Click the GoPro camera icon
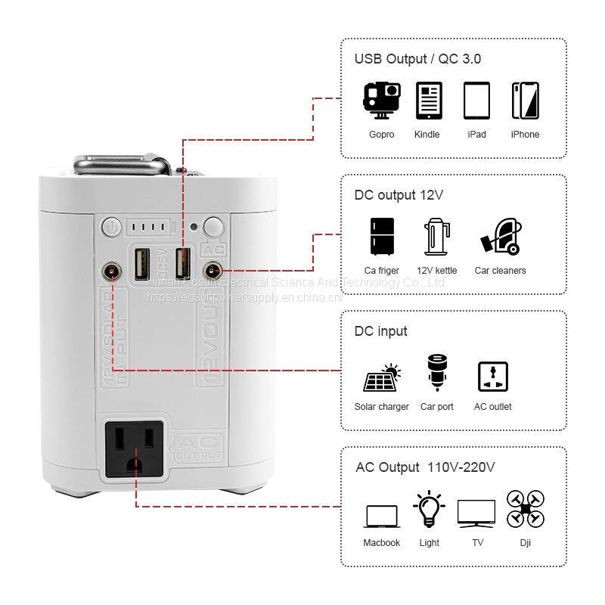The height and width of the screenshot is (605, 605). (x=382, y=101)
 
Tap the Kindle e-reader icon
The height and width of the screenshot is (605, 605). (x=429, y=101)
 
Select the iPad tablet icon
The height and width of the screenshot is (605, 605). (x=476, y=101)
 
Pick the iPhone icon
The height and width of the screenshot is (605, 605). (x=525, y=101)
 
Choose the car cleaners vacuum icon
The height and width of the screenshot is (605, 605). (x=499, y=237)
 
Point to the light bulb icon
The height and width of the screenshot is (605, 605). (x=429, y=510)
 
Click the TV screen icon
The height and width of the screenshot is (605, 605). (x=476, y=513)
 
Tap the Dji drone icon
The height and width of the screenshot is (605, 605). (x=526, y=508)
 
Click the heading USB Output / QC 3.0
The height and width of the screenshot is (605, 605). (x=417, y=59)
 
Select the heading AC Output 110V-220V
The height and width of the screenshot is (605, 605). (x=425, y=467)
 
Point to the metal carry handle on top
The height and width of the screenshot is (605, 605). (x=129, y=163)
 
